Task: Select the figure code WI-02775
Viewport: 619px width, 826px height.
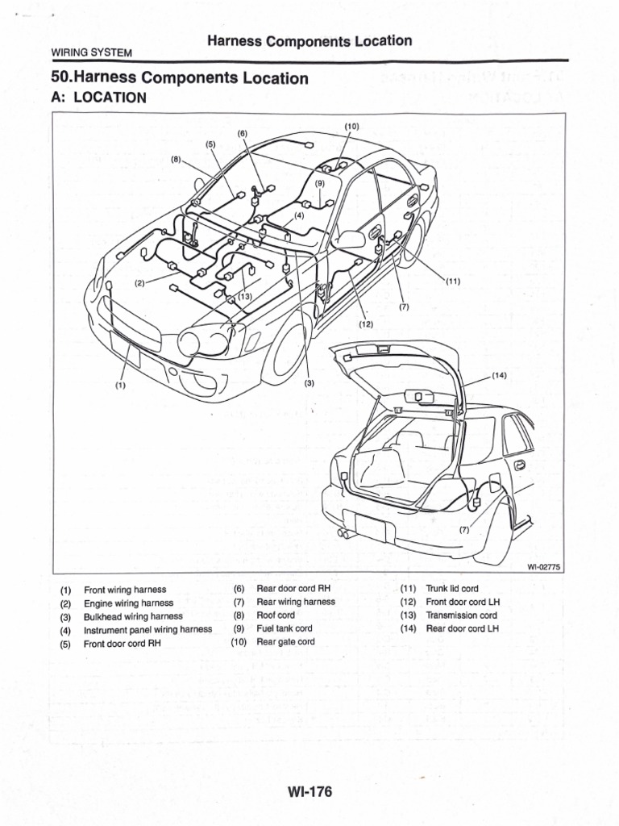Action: coord(544,567)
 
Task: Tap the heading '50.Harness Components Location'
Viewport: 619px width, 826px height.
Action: coord(180,78)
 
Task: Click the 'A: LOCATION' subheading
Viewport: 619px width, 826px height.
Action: coord(98,98)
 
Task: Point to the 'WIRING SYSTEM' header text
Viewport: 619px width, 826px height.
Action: coord(91,52)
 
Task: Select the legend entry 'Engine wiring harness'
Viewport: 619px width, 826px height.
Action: coord(128,603)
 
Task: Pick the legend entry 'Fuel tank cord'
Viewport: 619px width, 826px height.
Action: coord(284,628)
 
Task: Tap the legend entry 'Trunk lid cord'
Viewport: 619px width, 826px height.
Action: coord(451,590)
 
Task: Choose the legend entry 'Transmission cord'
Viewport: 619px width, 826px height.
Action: coord(461,615)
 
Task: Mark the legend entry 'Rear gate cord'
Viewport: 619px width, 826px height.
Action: coord(285,642)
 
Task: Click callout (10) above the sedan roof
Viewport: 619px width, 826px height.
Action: coord(351,127)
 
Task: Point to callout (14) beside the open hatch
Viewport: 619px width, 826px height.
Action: coord(500,375)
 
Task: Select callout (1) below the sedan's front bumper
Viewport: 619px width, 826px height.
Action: coord(120,386)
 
